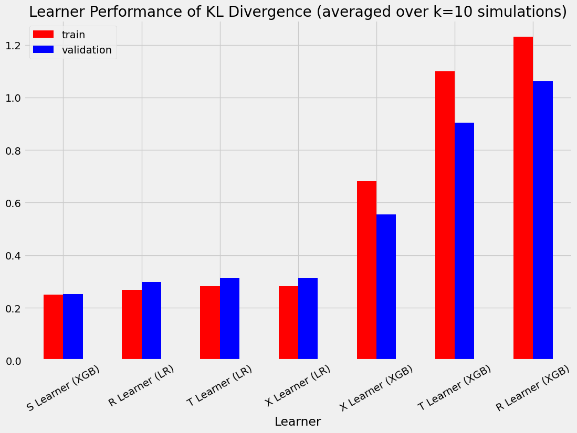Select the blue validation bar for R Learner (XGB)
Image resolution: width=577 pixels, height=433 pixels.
click(543, 220)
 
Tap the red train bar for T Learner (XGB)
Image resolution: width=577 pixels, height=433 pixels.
click(445, 215)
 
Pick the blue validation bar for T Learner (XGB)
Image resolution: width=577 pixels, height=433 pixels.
click(465, 241)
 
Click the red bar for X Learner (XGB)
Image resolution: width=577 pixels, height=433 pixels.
click(366, 270)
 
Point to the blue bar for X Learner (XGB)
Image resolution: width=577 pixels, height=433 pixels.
click(386, 287)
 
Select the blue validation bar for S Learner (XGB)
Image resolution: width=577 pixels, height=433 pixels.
click(73, 327)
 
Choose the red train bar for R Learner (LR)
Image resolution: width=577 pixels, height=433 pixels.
click(132, 324)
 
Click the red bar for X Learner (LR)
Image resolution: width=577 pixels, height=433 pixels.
click(288, 323)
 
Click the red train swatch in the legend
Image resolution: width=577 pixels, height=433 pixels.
click(43, 34)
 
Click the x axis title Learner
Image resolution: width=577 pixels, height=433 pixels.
click(298, 421)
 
